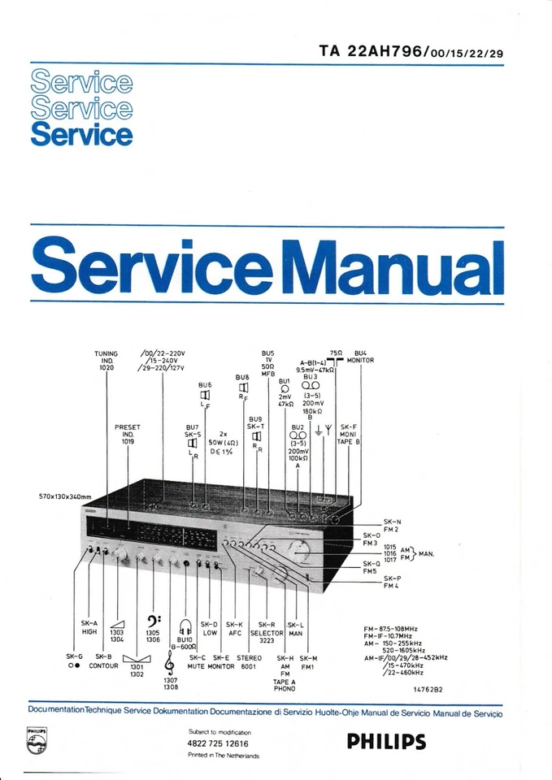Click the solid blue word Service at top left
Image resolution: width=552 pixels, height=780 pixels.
coord(81,133)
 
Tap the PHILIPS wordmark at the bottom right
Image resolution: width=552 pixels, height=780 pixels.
coord(385,741)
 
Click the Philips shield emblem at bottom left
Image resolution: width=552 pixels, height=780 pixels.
coord(36,742)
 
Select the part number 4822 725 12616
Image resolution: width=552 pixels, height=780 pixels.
coord(218,743)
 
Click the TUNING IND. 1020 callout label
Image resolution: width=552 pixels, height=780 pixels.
coord(106,361)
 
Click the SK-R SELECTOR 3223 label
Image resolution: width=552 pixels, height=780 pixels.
coord(267,632)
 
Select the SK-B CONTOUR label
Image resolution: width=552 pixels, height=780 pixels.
coord(103,661)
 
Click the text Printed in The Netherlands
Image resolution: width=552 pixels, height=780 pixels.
coord(223,756)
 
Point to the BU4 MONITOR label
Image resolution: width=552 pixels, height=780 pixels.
coord(359,356)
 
